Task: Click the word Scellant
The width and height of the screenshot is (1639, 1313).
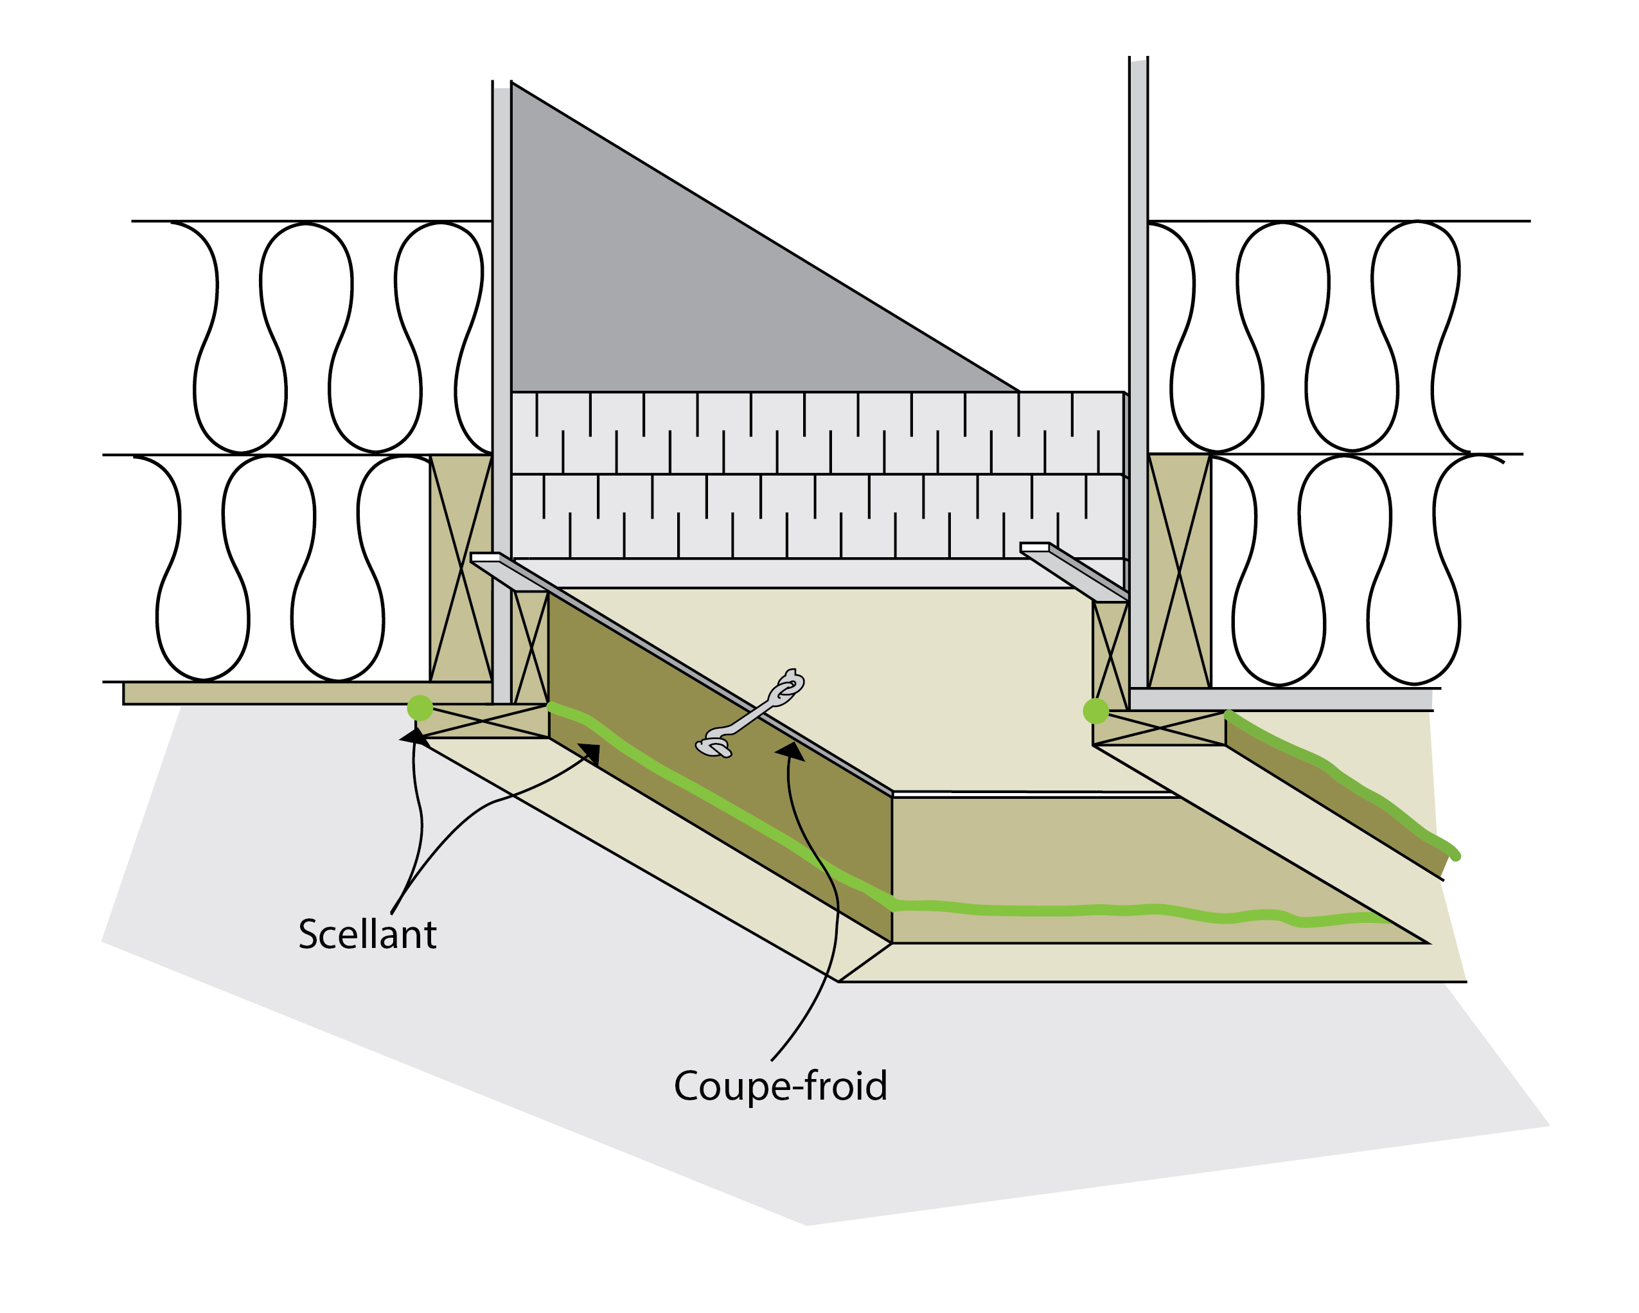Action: pos(367,934)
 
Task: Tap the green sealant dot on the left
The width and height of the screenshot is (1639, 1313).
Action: pos(420,708)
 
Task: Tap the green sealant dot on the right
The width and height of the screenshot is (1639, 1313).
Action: pos(1095,711)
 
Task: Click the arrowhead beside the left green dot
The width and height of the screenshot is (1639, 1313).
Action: pos(414,736)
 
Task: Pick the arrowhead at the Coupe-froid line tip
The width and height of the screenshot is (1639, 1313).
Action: pos(791,751)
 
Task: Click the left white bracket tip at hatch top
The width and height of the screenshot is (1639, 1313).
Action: pos(485,558)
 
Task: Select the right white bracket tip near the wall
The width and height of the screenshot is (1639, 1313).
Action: pos(1034,548)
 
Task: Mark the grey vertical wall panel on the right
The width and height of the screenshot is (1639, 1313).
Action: pos(1138,373)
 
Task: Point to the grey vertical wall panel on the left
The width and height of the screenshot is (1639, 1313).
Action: pos(502,380)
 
